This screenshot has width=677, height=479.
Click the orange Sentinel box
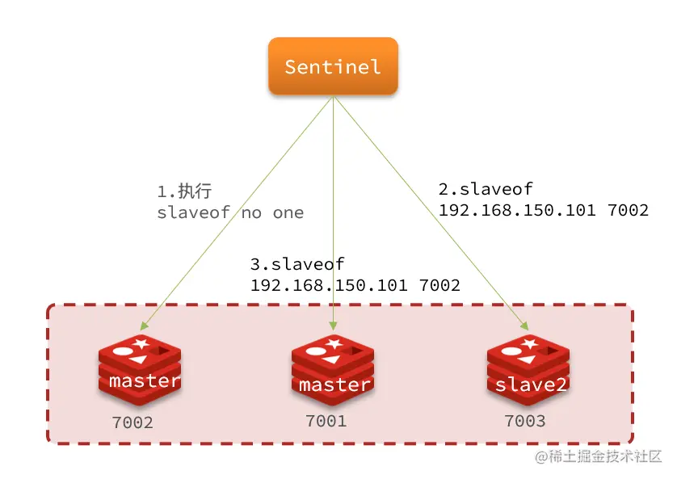(x=333, y=66)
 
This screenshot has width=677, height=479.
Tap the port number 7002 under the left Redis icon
(x=132, y=422)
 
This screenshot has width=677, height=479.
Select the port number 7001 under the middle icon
(x=326, y=421)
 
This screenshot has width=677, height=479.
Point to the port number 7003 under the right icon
(x=525, y=421)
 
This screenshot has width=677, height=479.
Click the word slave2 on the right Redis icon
(x=531, y=384)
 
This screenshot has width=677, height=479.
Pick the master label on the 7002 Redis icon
(x=145, y=380)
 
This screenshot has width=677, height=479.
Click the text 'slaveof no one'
(x=230, y=213)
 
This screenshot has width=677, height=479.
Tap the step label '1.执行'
(x=184, y=191)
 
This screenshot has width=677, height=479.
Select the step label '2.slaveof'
(x=486, y=189)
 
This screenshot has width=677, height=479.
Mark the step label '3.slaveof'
(x=297, y=263)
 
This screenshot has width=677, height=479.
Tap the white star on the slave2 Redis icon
(x=531, y=343)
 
